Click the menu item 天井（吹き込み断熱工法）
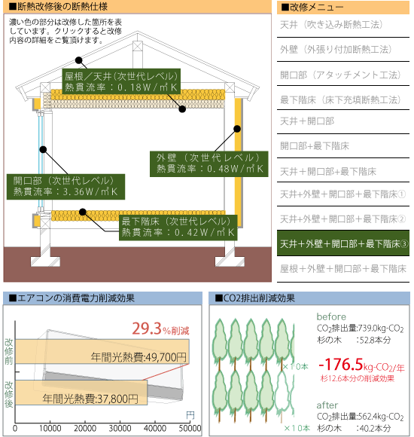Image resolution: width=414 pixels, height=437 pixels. pyautogui.click(x=331, y=25)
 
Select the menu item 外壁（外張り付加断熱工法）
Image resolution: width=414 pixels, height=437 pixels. pyautogui.click(x=336, y=49)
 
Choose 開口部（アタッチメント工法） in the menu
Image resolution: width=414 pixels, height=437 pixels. pyautogui.click(x=340, y=75)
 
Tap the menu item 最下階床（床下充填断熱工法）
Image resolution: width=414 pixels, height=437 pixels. pyautogui.click(x=340, y=99)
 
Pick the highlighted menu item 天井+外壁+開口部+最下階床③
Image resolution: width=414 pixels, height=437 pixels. pyautogui.click(x=343, y=243)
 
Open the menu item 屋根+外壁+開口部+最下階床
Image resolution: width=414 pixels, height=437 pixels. pyautogui.click(x=343, y=269)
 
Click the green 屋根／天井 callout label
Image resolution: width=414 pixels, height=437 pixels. pyautogui.click(x=121, y=81)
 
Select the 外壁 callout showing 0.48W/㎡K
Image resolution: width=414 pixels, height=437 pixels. pyautogui.click(x=209, y=164)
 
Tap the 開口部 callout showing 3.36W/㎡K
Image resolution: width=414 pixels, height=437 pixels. pyautogui.click(x=65, y=187)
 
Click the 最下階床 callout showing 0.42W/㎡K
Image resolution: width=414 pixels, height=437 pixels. pyautogui.click(x=178, y=228)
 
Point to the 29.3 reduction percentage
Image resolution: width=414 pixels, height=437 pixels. pyautogui.click(x=147, y=329)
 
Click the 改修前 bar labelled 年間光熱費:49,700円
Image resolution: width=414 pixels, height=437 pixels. pyautogui.click(x=102, y=351)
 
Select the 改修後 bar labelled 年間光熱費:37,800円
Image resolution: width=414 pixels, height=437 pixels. pyautogui.click(x=81, y=393)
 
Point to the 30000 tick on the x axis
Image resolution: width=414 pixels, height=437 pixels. pyautogui.click(x=120, y=429)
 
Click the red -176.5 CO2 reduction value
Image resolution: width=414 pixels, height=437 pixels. pyautogui.click(x=341, y=364)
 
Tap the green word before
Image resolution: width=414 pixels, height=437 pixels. pyautogui.click(x=331, y=317)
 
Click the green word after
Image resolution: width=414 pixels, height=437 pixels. pyautogui.click(x=327, y=405)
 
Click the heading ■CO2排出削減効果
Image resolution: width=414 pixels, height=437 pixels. pyautogui.click(x=254, y=298)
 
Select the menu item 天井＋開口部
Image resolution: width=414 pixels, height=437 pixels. pyautogui.click(x=307, y=121)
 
